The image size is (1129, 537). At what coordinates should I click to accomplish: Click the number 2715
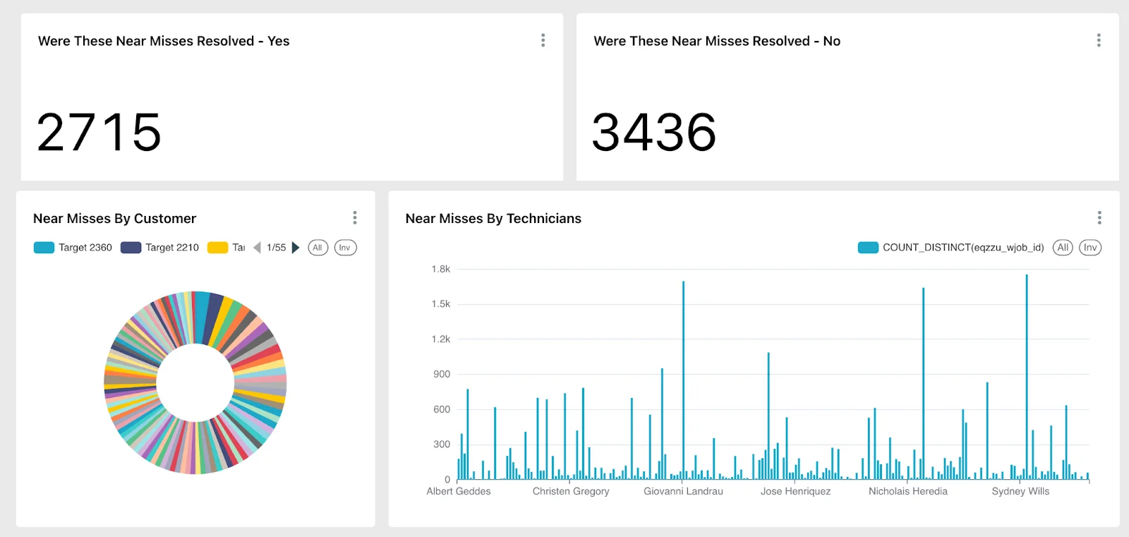pyautogui.click(x=99, y=133)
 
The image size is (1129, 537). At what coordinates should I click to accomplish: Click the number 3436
pyautogui.click(x=654, y=133)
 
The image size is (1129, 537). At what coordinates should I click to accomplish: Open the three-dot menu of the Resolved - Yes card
pyautogui.click(x=543, y=40)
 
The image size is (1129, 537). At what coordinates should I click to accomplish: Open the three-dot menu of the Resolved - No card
pyautogui.click(x=1099, y=40)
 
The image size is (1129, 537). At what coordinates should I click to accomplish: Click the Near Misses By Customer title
pyautogui.click(x=114, y=219)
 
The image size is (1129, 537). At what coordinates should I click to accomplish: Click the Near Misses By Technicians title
pyautogui.click(x=493, y=219)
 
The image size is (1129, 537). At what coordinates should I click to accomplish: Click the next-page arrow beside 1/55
pyautogui.click(x=296, y=248)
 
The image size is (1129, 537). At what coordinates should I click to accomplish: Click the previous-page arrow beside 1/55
pyautogui.click(x=257, y=248)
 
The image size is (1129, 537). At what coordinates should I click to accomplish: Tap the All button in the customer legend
pyautogui.click(x=318, y=248)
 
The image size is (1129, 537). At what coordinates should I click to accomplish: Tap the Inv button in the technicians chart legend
pyautogui.click(x=1090, y=248)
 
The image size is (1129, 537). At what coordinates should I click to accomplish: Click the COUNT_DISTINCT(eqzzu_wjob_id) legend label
pyautogui.click(x=962, y=248)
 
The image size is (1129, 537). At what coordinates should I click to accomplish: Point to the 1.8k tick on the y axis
pyautogui.click(x=441, y=269)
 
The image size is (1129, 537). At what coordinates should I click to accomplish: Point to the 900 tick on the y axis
pyautogui.click(x=442, y=374)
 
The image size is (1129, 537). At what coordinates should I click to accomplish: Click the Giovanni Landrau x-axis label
pyautogui.click(x=683, y=491)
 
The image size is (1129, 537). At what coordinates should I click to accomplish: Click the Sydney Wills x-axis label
pyautogui.click(x=1020, y=491)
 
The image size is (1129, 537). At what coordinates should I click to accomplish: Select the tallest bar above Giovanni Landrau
pyautogui.click(x=683, y=381)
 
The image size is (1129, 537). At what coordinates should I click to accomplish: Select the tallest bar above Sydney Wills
pyautogui.click(x=1027, y=378)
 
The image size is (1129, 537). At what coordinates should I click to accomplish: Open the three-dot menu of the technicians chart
pyautogui.click(x=1099, y=217)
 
